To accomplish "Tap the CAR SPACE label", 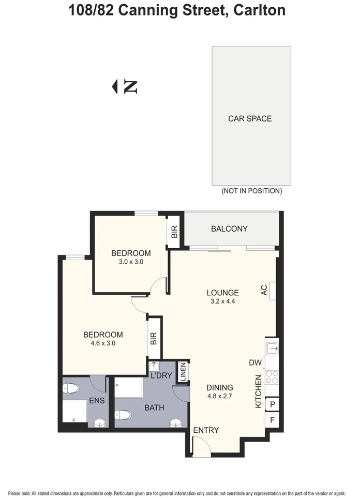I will pyautogui.click(x=250, y=118).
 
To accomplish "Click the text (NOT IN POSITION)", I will pyautogui.click(x=251, y=191).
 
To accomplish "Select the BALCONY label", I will pyautogui.click(x=229, y=229).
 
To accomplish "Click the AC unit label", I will pyautogui.click(x=264, y=290).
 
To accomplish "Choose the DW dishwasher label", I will pyautogui.click(x=255, y=363).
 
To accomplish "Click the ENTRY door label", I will pyautogui.click(x=206, y=430).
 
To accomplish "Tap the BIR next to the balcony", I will pyautogui.click(x=174, y=232).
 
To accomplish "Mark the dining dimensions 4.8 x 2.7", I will pyautogui.click(x=220, y=397).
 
